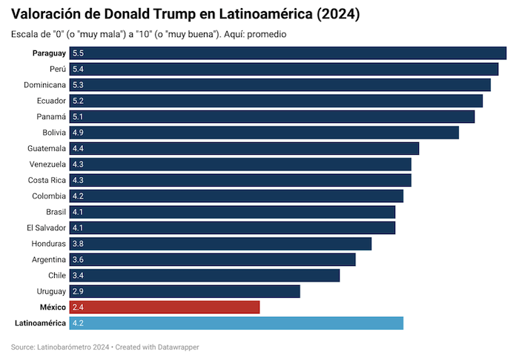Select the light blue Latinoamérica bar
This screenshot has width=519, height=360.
(236, 323)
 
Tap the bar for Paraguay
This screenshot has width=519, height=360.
(288, 53)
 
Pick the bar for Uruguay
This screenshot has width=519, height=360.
(185, 291)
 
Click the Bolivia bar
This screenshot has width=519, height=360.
(264, 133)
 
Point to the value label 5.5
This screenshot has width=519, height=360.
(78, 53)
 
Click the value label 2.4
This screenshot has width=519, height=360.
(78, 307)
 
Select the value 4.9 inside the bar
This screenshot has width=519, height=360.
(78, 133)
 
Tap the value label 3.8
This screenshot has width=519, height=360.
(78, 244)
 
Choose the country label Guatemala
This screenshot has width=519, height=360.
(47, 148)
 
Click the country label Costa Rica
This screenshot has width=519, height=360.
(47, 180)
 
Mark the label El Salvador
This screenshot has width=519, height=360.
(46, 227)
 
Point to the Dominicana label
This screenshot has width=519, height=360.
(44, 84)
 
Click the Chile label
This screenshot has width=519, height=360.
(57, 276)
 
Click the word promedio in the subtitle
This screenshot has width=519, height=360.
(266, 34)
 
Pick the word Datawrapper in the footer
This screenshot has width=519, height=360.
(176, 347)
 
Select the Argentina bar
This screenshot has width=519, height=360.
(212, 259)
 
